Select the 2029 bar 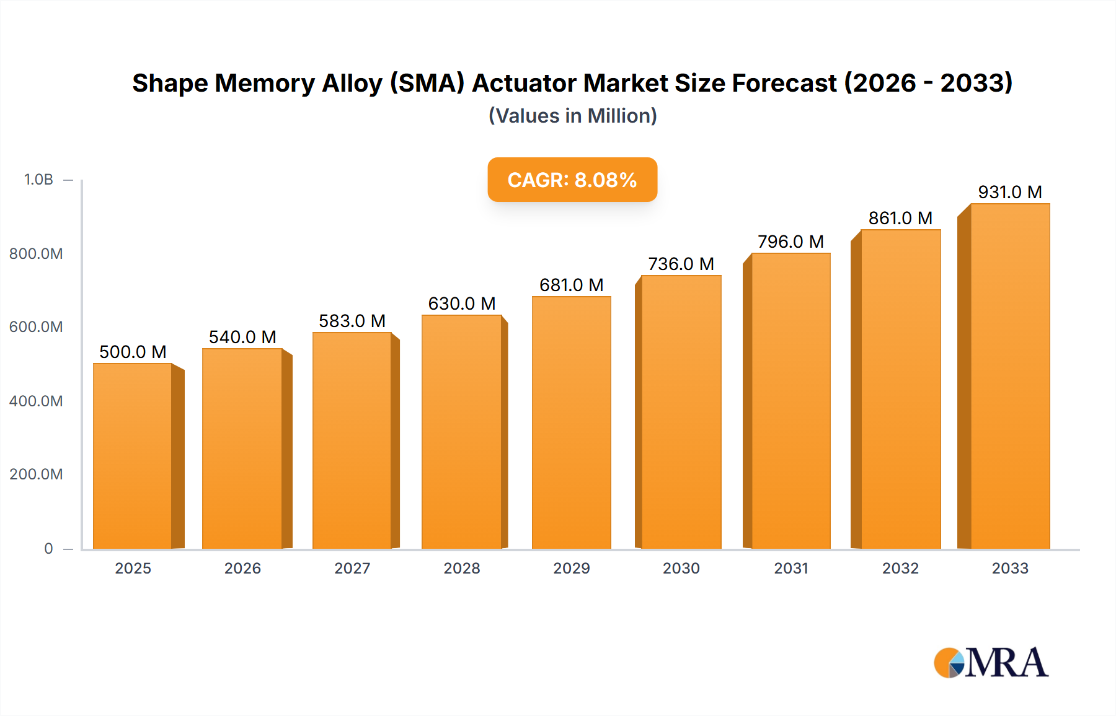pos(571,422)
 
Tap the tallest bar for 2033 pos(1010,376)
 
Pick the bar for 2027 pos(352,440)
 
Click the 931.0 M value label pos(1010,192)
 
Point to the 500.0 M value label pos(133,352)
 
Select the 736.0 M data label pos(681,264)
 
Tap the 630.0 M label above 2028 pos(462,303)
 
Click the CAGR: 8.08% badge pos(572,180)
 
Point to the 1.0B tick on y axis pos(38,180)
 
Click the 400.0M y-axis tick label pos(36,401)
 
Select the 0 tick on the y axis pos(48,548)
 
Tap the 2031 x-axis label pos(791,568)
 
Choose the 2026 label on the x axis pos(242,568)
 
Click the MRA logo pos(991,663)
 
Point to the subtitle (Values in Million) pos(572,116)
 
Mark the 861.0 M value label pos(900,218)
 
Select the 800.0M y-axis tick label pos(36,253)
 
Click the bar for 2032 pos(900,389)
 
